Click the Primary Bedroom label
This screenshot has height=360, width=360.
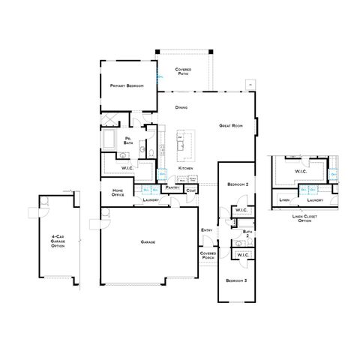point(127,86)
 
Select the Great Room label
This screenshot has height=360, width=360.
point(232,125)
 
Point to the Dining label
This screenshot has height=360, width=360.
point(181,108)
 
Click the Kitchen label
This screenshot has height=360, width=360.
point(186,168)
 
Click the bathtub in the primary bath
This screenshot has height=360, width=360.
point(109,139)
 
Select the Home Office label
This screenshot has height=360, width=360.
point(118,193)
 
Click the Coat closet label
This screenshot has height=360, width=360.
point(190,189)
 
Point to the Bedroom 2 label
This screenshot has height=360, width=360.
point(238,183)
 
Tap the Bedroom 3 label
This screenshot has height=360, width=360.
point(236,280)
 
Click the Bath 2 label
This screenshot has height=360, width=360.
point(247,234)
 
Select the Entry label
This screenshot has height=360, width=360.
point(206,229)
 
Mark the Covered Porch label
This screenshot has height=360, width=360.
point(208,255)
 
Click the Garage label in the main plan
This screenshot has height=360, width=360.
point(147,242)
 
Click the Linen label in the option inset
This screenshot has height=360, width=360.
point(284,200)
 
